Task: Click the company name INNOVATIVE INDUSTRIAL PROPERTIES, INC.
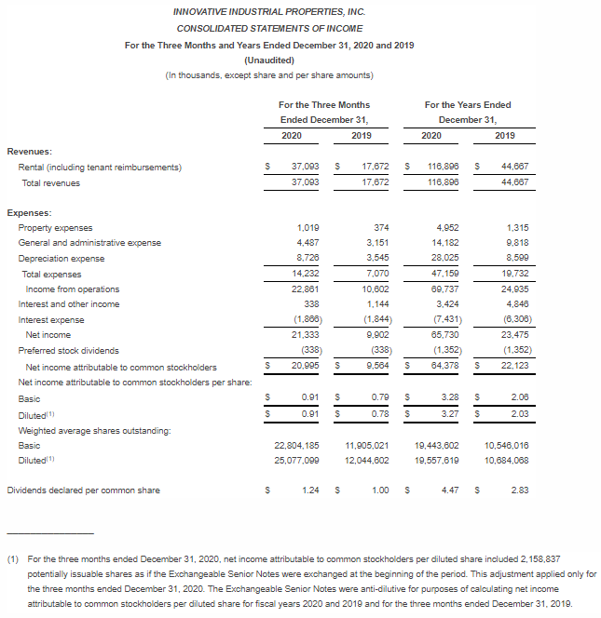269,11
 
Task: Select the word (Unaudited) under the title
269,60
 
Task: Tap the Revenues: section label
30,151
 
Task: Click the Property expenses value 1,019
307,228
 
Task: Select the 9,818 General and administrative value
505,244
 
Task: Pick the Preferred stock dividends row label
68,351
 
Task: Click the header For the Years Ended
468,104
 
